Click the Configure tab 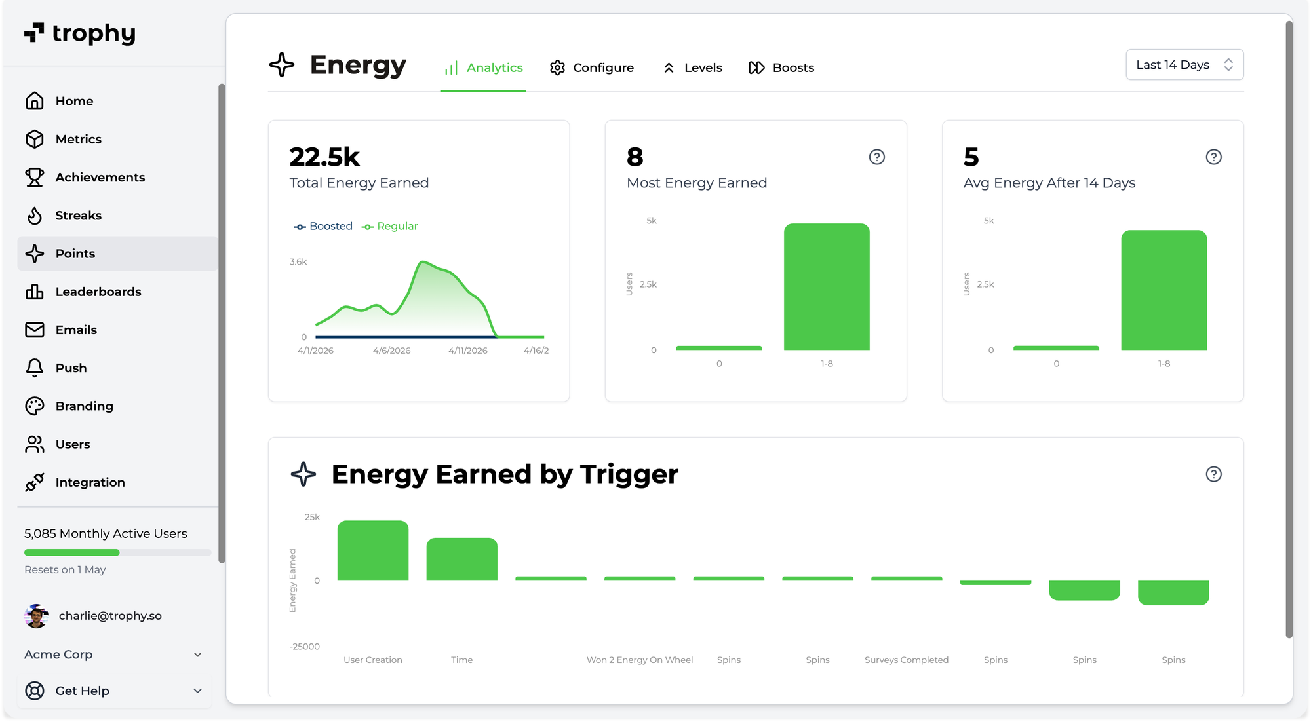pos(592,67)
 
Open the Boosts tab pos(781,67)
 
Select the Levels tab pos(693,67)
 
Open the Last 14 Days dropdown pos(1184,65)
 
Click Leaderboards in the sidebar pos(98,292)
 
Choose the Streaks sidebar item pos(78,216)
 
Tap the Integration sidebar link pos(90,482)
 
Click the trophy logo pos(80,33)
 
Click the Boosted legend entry pos(324,226)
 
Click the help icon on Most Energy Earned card pos(876,157)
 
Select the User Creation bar pos(373,551)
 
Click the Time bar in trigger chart pos(461,560)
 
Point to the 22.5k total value pos(324,157)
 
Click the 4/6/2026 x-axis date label pos(391,351)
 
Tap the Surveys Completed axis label pos(906,660)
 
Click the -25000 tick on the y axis pos(305,647)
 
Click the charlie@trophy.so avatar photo pos(36,616)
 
